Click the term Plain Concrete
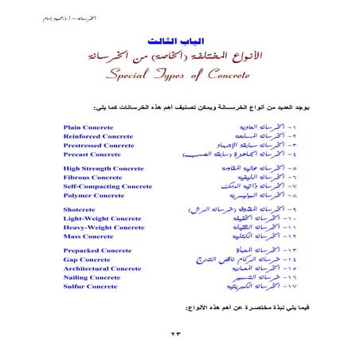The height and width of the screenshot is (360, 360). pyautogui.click(x=88, y=126)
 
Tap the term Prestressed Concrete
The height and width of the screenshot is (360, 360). pyautogui.click(x=99, y=145)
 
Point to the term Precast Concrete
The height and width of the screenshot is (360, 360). pyautogui.click(x=92, y=155)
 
